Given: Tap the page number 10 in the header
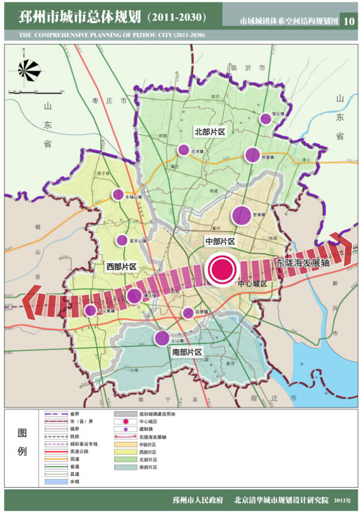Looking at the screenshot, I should pos(349,21).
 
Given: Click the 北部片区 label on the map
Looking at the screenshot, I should pos(209,132).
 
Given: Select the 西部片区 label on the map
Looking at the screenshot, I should pos(121,267).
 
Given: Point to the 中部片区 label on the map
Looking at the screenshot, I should pos(220,240).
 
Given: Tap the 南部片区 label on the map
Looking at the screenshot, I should pos(187,352).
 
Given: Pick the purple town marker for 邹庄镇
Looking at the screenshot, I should pos(265,119).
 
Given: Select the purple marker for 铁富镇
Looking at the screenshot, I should pos(252,154).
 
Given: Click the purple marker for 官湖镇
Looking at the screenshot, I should pos(242,216).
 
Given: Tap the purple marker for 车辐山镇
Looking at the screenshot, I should pos(118,195).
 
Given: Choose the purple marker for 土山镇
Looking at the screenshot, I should pos(162,338).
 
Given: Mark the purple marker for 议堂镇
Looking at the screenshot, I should pos(187,313).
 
